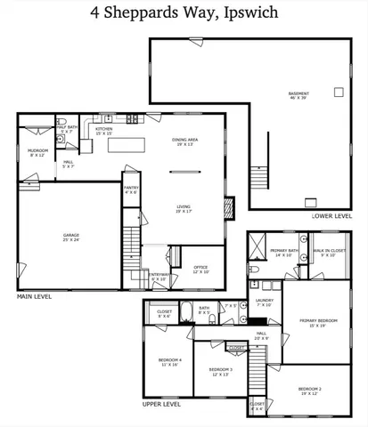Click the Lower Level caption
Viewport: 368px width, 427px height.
point(331,216)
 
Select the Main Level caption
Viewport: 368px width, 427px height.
point(38,294)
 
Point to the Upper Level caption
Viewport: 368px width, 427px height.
point(162,403)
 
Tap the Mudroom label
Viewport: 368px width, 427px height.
point(37,152)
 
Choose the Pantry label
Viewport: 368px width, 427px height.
point(131,189)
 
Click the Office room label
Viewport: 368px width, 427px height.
point(200,269)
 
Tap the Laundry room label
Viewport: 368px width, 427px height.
point(264,302)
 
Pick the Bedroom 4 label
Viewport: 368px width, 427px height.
point(168,361)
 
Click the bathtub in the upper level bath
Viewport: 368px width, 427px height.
point(189,310)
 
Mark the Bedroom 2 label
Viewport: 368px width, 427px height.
point(309,391)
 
